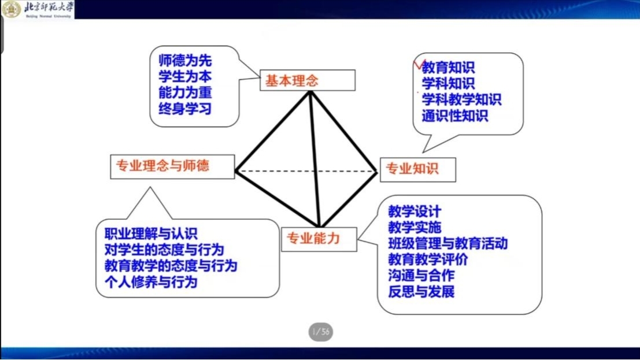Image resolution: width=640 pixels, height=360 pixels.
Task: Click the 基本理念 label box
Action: point(308,80)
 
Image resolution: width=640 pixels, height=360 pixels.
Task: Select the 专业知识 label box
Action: point(418,169)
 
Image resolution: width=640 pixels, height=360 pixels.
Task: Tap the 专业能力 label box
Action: point(319,239)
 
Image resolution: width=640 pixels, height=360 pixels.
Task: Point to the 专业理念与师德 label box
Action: point(172,166)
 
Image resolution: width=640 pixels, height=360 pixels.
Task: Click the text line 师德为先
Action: point(185,61)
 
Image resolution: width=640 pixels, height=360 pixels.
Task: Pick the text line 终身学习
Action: point(185,109)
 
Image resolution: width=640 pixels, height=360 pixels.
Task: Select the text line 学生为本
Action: point(185,77)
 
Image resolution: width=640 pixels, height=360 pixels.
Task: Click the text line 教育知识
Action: point(448,68)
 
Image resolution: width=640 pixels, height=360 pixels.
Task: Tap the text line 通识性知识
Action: point(454,116)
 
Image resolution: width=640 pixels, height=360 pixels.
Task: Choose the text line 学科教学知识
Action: point(461,99)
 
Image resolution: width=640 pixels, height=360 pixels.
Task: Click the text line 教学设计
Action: point(415,211)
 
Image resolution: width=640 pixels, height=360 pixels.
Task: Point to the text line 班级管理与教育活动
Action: point(447,244)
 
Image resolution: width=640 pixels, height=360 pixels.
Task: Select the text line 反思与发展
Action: point(421,292)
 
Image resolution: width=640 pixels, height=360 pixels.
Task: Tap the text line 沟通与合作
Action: point(421,276)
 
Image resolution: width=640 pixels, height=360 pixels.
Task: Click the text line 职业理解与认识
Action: point(151,234)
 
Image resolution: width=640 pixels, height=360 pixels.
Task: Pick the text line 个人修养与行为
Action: point(151,282)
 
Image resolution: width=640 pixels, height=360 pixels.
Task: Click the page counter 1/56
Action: point(321,332)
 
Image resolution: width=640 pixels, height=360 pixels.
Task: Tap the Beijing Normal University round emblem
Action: point(11,9)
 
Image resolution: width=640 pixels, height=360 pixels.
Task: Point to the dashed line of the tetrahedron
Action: point(306,172)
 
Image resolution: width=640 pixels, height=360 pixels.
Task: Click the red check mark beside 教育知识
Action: point(419,65)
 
